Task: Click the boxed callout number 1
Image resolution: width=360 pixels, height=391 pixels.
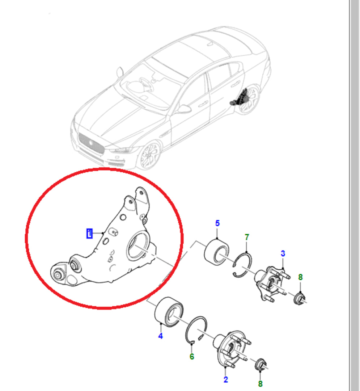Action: [89, 234]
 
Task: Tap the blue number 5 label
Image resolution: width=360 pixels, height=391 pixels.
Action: [217, 223]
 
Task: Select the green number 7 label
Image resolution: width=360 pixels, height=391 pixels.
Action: [247, 237]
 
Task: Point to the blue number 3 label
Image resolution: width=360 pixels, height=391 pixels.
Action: [283, 253]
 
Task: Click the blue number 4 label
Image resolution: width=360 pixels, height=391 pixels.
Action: [160, 336]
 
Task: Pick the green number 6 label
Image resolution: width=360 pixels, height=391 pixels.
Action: [192, 357]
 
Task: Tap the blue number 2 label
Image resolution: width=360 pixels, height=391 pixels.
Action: [226, 379]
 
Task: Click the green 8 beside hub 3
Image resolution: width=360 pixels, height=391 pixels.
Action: [300, 277]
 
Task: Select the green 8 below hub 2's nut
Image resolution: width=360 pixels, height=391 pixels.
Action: [261, 383]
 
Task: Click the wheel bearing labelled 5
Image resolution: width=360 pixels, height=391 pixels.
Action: [216, 252]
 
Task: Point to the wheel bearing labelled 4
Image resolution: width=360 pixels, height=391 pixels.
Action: [169, 312]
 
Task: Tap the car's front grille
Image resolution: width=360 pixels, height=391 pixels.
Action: [91, 143]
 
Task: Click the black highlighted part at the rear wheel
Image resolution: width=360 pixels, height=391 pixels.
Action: [240, 98]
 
